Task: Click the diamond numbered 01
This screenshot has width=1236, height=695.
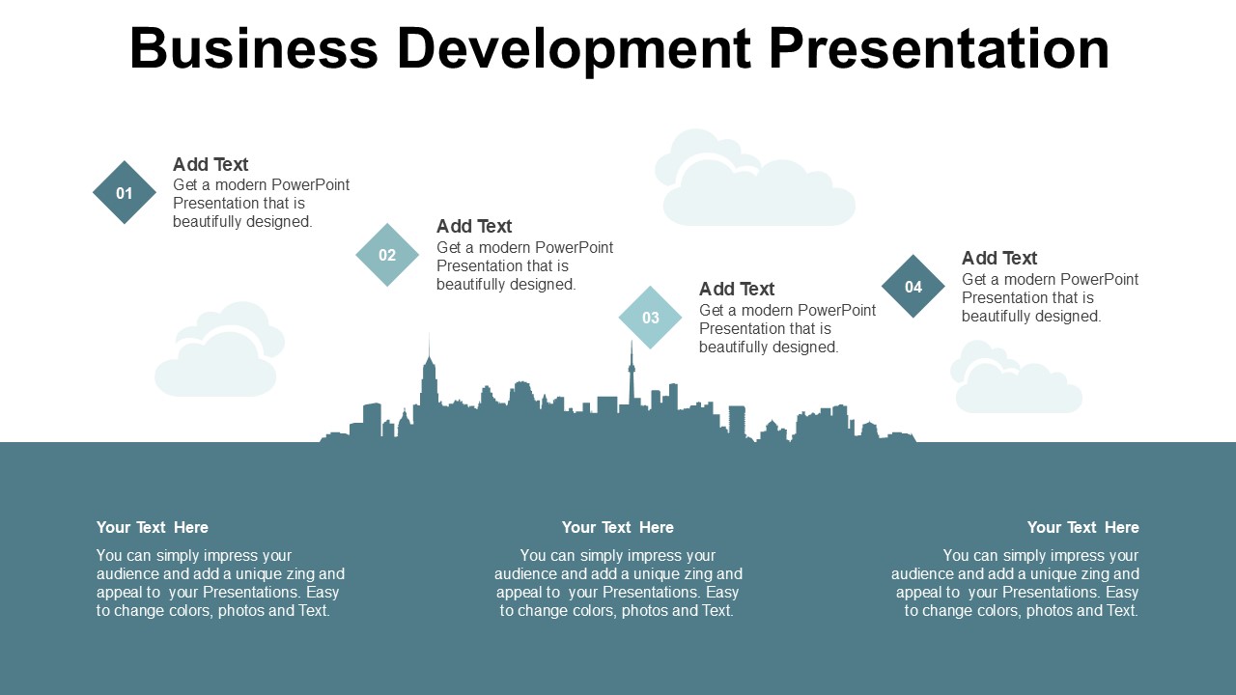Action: (x=125, y=192)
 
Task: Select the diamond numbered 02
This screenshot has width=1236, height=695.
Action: (x=387, y=255)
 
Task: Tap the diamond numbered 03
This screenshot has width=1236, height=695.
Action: (x=650, y=318)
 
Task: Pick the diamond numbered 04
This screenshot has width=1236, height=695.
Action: (x=913, y=287)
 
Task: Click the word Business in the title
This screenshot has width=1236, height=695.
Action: (x=254, y=48)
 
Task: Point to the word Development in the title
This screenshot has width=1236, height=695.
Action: (x=575, y=49)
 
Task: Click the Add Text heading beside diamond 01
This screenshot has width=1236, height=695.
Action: (x=211, y=164)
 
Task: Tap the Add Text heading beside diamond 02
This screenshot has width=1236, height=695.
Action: (x=474, y=226)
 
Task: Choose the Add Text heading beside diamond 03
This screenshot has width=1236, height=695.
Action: (x=737, y=289)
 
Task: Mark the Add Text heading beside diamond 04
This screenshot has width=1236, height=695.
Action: (x=999, y=258)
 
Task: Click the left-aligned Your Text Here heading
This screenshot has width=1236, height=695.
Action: (x=153, y=527)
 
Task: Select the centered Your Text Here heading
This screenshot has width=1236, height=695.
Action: (x=618, y=527)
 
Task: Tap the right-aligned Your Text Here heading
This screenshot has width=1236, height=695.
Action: (x=1083, y=527)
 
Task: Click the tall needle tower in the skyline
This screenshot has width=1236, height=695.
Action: (x=632, y=374)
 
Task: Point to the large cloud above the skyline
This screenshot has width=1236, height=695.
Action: (x=755, y=177)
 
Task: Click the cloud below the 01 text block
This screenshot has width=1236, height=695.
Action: (x=219, y=348)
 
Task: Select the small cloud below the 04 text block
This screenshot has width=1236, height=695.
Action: (x=1016, y=376)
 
